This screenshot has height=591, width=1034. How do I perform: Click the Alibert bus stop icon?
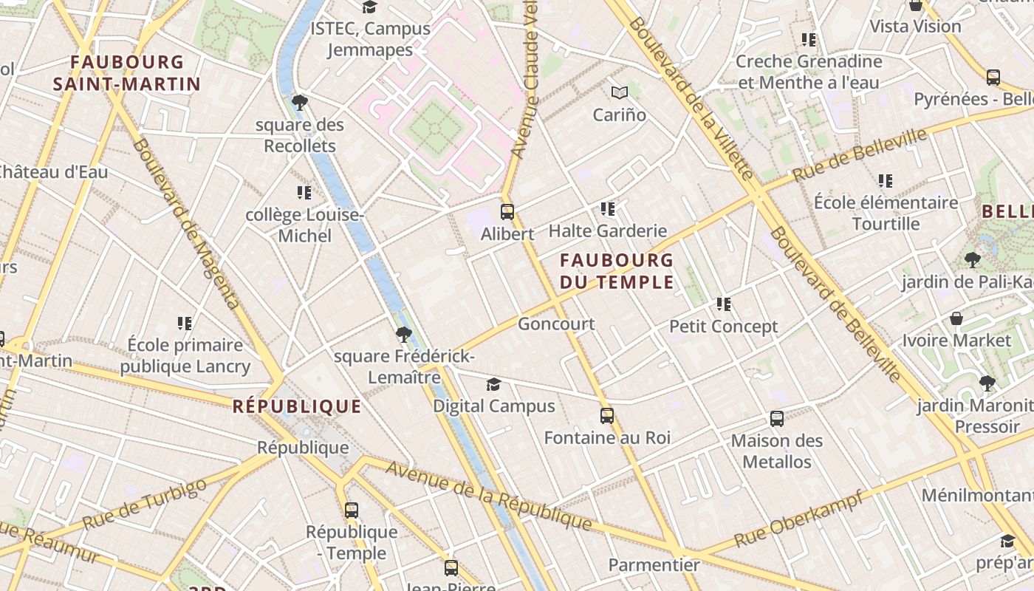(507, 212)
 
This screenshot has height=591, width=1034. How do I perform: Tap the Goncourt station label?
(556, 324)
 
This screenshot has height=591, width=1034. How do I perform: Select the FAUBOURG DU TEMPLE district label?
(617, 271)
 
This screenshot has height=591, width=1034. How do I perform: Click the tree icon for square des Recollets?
(300, 102)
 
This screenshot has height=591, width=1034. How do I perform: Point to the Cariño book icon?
(620, 93)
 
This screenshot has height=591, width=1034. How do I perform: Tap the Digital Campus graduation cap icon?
(493, 384)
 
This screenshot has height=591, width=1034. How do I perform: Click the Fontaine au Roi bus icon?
(607, 416)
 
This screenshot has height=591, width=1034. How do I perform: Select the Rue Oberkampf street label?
(799, 520)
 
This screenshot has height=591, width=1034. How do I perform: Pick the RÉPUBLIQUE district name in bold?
(297, 406)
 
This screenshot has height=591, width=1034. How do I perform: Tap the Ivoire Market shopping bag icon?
(956, 318)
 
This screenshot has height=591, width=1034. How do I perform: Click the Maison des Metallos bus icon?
(777, 419)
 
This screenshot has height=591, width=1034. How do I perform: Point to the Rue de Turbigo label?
(144, 504)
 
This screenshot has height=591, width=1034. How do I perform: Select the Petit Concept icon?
(724, 304)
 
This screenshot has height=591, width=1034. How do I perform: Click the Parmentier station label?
(654, 565)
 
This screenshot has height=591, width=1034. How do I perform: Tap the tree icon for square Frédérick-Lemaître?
(403, 335)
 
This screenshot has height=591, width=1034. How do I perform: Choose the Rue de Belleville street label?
(860, 156)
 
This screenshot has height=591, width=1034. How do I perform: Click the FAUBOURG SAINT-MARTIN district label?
(127, 72)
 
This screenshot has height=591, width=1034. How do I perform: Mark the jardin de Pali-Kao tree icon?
(972, 259)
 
